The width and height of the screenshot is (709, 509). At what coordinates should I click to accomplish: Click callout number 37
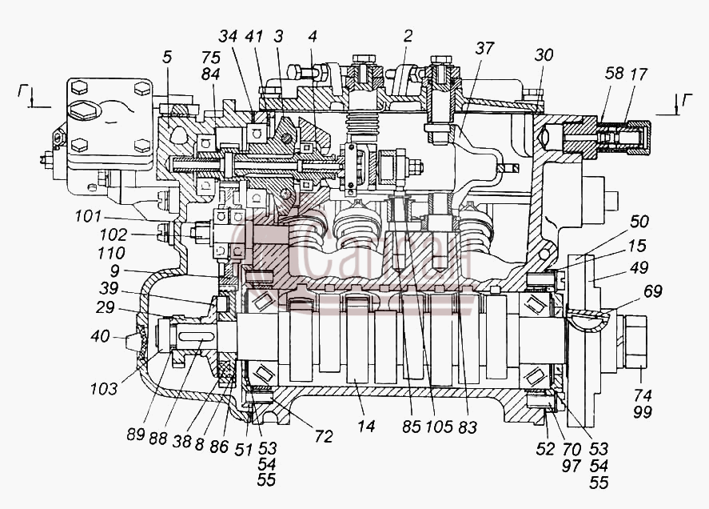click(x=484, y=49)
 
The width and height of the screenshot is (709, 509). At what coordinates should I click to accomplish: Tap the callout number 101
click(x=88, y=216)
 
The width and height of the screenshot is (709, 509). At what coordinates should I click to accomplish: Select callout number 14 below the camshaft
click(x=366, y=426)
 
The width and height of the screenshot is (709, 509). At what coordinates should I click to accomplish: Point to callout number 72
click(x=324, y=436)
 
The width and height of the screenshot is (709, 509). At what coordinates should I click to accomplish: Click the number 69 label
click(x=652, y=291)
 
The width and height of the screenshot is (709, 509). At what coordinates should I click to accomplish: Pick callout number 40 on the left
click(x=100, y=336)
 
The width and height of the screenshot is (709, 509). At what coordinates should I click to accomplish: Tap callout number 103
click(x=104, y=388)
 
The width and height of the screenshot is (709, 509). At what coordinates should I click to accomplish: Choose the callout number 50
click(x=639, y=222)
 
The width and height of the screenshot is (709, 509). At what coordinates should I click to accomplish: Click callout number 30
click(x=544, y=54)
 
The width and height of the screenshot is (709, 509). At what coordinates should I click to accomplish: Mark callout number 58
click(x=614, y=73)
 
